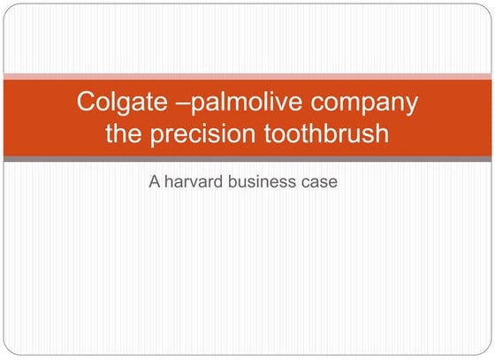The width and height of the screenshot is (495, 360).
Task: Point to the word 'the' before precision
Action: [124, 136]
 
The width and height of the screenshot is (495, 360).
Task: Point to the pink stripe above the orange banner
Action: [247, 77]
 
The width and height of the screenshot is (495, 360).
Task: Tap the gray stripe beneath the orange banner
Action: [247, 159]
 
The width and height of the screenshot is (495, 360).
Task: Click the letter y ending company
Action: [411, 106]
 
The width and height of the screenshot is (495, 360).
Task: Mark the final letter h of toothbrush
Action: [382, 136]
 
